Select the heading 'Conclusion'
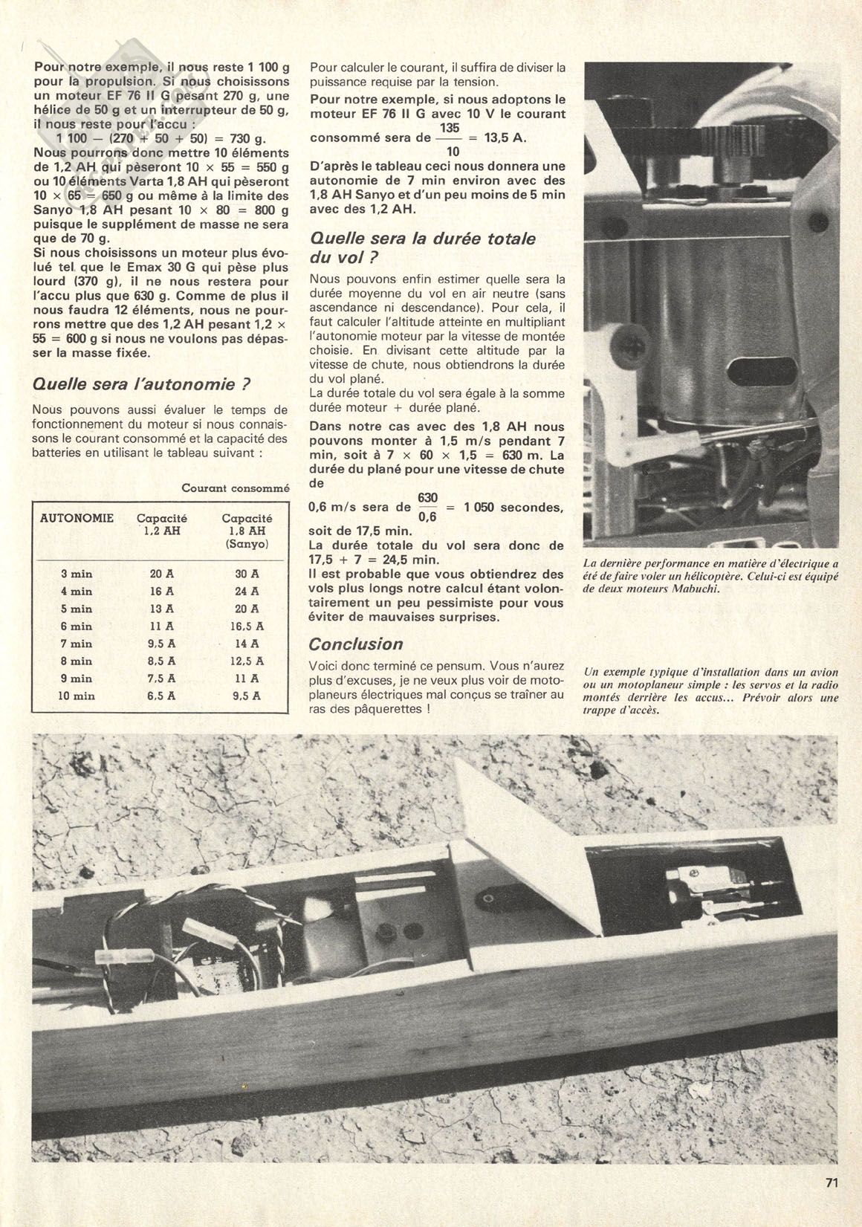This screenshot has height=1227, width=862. pos(356,644)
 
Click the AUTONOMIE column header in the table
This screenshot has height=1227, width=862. pos(77,518)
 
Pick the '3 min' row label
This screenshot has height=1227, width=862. pos(77,574)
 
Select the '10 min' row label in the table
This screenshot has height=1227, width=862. pos(77,696)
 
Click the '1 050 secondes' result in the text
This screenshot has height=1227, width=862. pos(513,508)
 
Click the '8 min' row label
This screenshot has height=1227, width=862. pos(77,661)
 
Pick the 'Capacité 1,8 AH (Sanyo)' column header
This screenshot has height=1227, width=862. pos(247,531)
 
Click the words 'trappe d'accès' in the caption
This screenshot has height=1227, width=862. pos(623,710)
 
